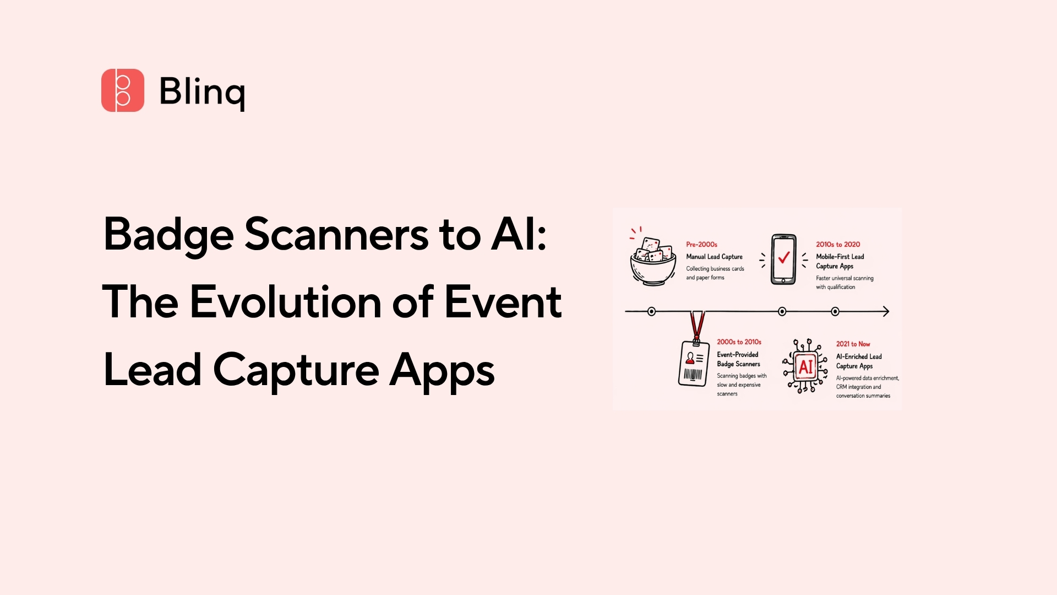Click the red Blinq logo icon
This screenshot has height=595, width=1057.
(123, 90)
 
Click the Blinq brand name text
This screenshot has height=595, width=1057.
(202, 91)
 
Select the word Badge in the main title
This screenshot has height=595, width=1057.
(168, 235)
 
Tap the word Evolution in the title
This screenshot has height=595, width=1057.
(286, 302)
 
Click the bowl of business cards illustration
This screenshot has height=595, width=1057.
(653, 261)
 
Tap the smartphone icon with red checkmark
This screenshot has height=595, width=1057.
(783, 259)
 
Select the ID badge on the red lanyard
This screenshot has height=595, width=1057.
(694, 364)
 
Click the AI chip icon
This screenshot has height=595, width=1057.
(805, 366)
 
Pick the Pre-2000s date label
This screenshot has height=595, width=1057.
(701, 244)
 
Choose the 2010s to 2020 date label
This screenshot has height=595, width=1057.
(837, 244)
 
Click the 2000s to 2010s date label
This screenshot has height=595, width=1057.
(739, 342)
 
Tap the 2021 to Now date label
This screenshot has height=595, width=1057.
(853, 344)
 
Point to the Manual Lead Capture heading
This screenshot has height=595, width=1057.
(714, 257)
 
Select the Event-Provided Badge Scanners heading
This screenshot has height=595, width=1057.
(738, 359)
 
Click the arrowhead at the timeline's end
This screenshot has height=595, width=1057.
(885, 311)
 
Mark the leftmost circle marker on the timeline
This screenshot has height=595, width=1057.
(651, 311)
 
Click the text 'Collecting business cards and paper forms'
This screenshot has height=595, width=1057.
(715, 273)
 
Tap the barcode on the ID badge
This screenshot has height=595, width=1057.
(693, 375)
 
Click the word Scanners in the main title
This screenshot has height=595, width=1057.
(336, 235)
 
